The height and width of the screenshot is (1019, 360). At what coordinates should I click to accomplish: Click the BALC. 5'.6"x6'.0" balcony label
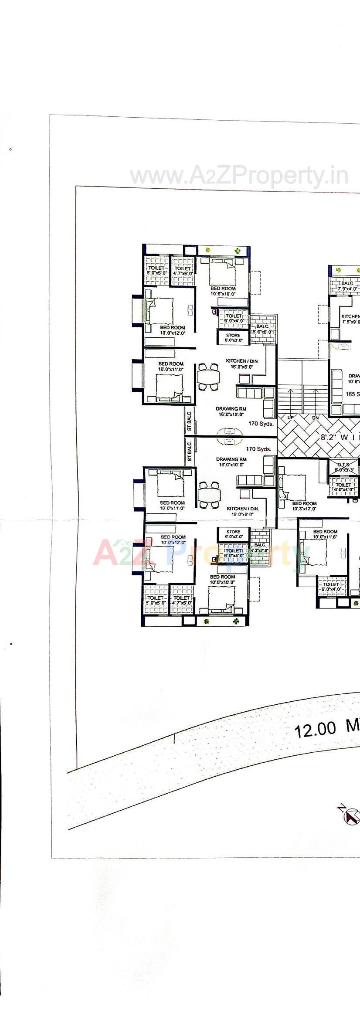263,329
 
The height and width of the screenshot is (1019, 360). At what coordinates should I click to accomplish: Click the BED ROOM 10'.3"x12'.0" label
304,506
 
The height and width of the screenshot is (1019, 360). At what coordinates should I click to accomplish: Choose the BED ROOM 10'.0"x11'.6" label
325,534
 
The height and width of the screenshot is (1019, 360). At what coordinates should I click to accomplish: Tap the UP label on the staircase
291,418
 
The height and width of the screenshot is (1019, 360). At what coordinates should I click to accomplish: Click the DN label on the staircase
315,418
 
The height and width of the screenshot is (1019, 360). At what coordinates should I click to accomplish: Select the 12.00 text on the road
315,730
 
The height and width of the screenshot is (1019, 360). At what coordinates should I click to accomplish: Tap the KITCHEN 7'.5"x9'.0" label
350,319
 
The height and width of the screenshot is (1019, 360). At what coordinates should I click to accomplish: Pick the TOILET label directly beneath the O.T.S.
343,487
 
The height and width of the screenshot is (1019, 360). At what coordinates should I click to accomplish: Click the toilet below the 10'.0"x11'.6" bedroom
331,587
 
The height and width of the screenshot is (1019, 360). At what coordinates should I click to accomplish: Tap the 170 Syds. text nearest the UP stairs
261,424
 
